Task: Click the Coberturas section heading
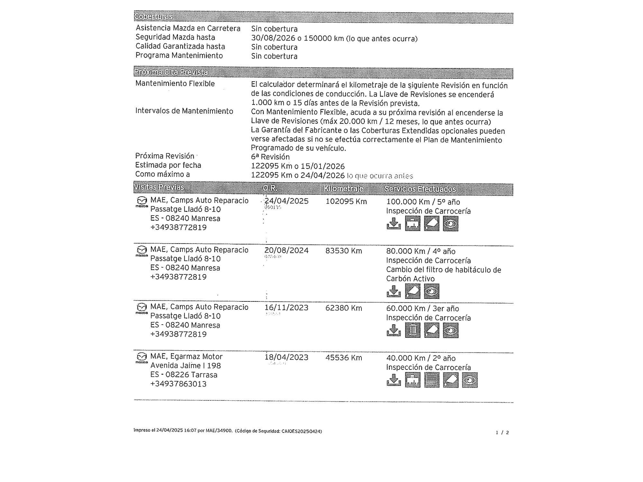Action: click(153, 16)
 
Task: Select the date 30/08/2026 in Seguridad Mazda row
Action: click(273, 38)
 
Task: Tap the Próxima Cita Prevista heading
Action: click(171, 72)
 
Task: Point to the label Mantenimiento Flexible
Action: click(175, 84)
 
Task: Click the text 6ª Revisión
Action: click(270, 157)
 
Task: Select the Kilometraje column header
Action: click(343, 189)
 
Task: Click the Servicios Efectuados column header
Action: click(420, 189)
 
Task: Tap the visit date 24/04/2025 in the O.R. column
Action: click(286, 201)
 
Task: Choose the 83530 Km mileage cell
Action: click(343, 251)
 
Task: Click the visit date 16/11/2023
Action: click(286, 308)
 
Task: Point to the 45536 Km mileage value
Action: click(343, 358)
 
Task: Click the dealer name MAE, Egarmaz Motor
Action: click(186, 356)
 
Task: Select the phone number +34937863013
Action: click(178, 384)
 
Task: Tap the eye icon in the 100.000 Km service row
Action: click(450, 224)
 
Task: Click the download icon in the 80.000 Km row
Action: click(394, 291)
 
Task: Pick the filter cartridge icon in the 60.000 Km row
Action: click(412, 330)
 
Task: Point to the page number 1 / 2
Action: click(502, 433)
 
